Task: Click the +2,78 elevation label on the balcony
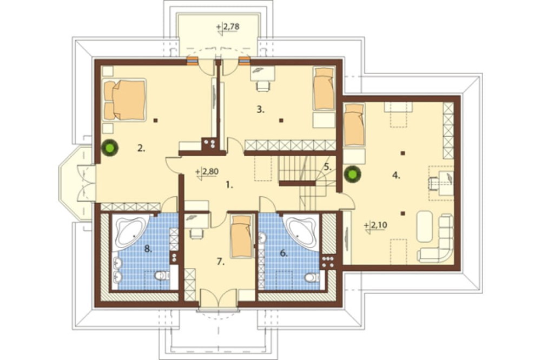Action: (x=228, y=26)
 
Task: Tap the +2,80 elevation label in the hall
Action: (x=207, y=171)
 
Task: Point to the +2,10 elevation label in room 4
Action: (x=375, y=225)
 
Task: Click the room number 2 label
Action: (x=141, y=149)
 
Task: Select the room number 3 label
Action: (x=260, y=110)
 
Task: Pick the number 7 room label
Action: (x=221, y=262)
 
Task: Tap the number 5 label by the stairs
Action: (x=327, y=168)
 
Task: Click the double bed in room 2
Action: (x=125, y=99)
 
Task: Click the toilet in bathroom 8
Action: (x=161, y=276)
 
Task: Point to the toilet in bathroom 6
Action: (x=312, y=277)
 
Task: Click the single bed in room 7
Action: (x=241, y=236)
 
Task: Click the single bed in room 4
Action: (x=354, y=125)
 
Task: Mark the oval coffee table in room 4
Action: (x=424, y=226)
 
